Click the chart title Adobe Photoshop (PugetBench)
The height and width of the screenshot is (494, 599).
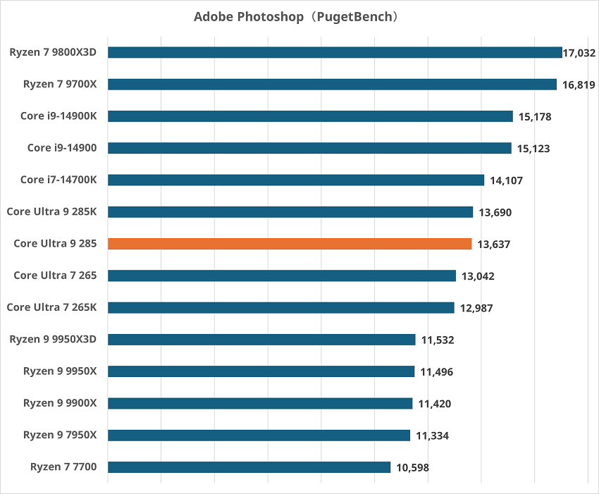click(299, 16)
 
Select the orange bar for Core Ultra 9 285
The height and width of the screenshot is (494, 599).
click(290, 244)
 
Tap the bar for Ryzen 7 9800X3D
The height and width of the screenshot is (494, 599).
click(335, 52)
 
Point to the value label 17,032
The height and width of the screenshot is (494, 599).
click(579, 53)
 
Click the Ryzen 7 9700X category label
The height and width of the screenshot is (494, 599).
click(60, 85)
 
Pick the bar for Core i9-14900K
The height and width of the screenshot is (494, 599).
click(310, 116)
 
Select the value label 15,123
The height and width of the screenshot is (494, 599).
click(533, 149)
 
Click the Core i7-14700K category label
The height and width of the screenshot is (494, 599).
click(58, 180)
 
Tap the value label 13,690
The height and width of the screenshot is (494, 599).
click(495, 212)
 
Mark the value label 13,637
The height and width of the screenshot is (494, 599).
click(493, 245)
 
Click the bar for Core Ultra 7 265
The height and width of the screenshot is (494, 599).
click(282, 276)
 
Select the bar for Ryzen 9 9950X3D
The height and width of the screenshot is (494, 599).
click(261, 340)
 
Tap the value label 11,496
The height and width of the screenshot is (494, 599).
click(437, 372)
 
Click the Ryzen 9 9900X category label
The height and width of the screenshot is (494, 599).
click(60, 403)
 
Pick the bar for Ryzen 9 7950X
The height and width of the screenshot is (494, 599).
click(259, 436)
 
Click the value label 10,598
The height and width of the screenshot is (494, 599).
click(412, 467)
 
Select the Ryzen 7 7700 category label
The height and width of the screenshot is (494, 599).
click(63, 467)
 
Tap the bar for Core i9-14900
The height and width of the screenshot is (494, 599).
click(309, 148)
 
